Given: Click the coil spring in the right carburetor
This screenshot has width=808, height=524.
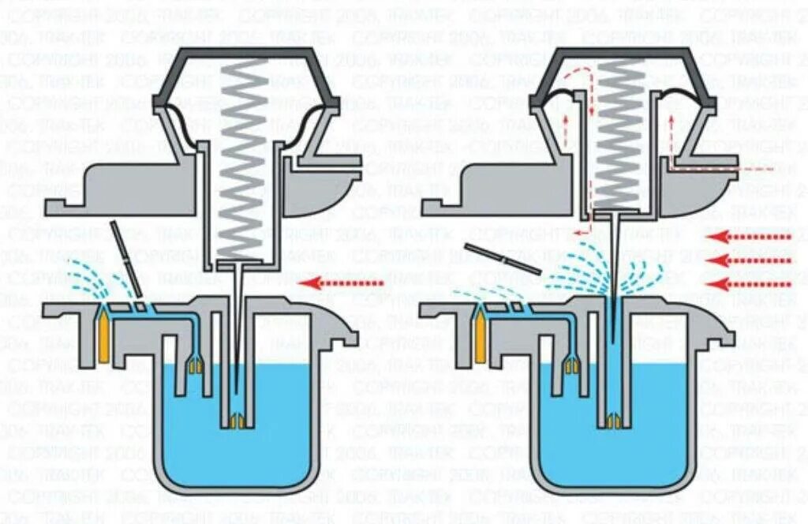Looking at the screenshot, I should tap(619, 134).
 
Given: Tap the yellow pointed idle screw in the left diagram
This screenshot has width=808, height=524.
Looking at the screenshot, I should tap(103, 336).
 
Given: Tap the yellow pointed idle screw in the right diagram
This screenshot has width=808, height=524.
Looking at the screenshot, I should tap(478, 336).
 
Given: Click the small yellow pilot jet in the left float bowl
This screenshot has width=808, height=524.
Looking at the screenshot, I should tap(195, 364).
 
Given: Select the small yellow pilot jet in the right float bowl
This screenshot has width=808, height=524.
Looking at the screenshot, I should tap(571, 364).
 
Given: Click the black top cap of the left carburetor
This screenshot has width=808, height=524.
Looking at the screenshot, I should tap(245, 54).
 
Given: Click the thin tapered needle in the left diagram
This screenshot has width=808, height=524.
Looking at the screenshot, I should tap(237, 331).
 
